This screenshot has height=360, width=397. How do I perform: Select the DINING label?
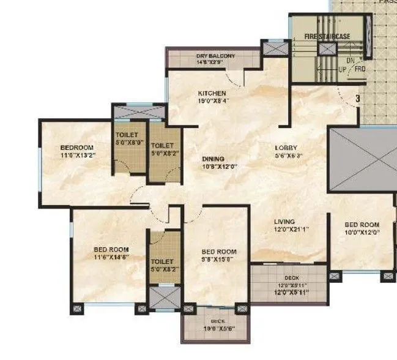coord(213,158)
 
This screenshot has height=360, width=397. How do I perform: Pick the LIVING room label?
coord(284,222)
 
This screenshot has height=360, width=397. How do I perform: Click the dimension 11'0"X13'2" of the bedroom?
coord(76,156)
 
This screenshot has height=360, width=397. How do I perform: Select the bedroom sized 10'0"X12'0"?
coord(362,228)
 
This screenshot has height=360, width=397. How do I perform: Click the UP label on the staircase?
coord(342,69)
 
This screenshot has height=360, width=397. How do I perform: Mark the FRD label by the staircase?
coord(360,69)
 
